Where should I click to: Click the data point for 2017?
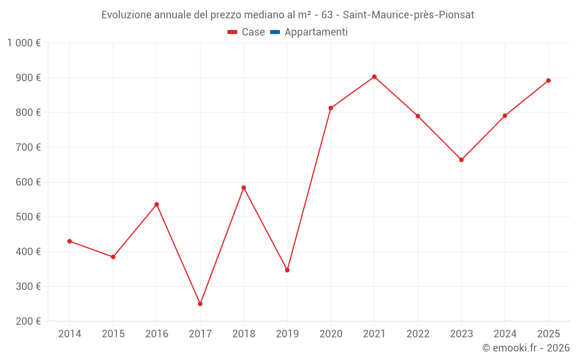[x=200, y=304]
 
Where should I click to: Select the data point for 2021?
[x=374, y=77]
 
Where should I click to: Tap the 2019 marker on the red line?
[x=287, y=270]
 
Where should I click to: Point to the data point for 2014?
[x=70, y=241]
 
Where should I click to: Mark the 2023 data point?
[x=461, y=160]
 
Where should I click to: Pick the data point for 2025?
[x=548, y=81]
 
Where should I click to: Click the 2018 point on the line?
[x=244, y=188]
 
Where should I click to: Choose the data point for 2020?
[x=331, y=108]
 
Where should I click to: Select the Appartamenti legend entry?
[x=316, y=32]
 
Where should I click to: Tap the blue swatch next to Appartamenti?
[x=275, y=32]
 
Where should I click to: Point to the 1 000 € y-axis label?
[x=24, y=43]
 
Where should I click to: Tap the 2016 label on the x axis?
[x=157, y=334]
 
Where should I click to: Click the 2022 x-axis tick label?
[x=418, y=334]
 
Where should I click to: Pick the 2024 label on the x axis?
[x=505, y=334]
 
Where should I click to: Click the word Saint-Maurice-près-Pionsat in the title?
[x=408, y=15]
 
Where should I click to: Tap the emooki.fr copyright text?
[x=526, y=348]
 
